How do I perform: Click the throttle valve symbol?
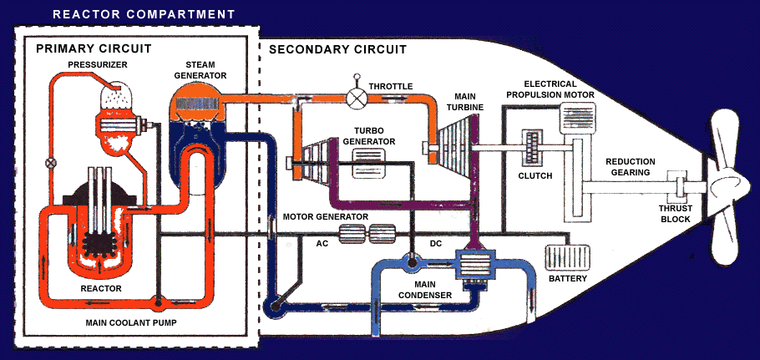[x=358, y=98]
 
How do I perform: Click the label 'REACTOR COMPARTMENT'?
[x=143, y=14]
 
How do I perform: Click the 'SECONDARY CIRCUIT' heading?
[x=337, y=49]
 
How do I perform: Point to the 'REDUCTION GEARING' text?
[x=631, y=167]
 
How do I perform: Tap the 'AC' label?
[x=322, y=244]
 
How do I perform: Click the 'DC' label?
[x=435, y=244]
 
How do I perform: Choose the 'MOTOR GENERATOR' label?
[x=326, y=216]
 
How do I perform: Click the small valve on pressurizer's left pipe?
[x=50, y=163]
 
